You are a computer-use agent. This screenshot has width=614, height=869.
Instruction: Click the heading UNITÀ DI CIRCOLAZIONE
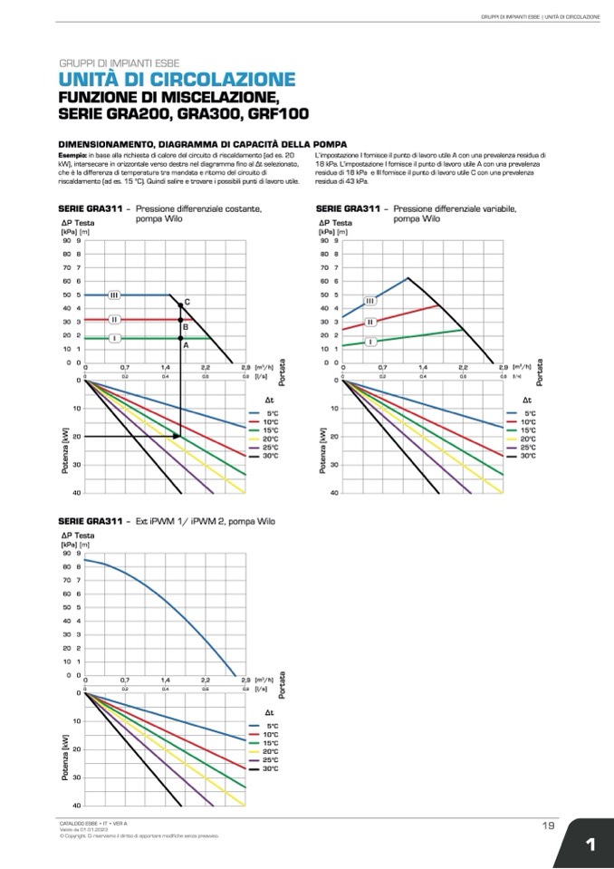(x=177, y=80)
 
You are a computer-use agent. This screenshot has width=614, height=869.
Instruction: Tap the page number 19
(x=548, y=825)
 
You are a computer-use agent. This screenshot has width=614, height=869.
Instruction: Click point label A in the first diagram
(x=186, y=345)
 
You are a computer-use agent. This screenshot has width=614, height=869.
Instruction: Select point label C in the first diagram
(x=187, y=301)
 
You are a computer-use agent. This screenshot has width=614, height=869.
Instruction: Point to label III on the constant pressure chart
(x=114, y=295)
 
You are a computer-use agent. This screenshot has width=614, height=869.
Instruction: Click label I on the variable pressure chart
(x=371, y=341)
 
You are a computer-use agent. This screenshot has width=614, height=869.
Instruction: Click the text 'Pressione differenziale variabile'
(x=455, y=208)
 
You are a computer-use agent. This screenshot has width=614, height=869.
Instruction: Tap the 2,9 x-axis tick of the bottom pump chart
(x=245, y=680)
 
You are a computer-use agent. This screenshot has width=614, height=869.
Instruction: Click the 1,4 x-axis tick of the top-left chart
(x=165, y=367)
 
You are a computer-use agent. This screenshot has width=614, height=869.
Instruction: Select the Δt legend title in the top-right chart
(x=527, y=400)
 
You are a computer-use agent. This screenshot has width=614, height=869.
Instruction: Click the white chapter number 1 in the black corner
(x=590, y=845)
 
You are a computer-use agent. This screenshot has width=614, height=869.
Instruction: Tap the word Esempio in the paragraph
(x=72, y=156)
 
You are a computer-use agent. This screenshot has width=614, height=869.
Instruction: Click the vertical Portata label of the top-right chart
(x=540, y=372)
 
